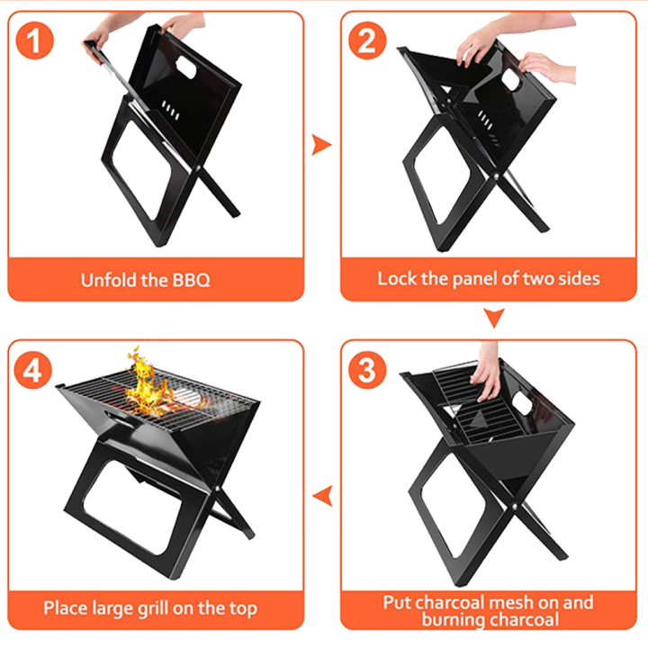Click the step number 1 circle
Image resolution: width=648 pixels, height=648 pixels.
(x=35, y=40)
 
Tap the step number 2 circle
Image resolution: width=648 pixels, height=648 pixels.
(x=366, y=40)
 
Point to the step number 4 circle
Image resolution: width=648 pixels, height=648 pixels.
(x=33, y=370)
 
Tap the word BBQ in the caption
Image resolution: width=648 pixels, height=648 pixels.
(x=190, y=279)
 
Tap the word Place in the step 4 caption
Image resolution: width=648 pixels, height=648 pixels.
(x=66, y=607)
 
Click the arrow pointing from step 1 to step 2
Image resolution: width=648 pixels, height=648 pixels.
(x=320, y=144)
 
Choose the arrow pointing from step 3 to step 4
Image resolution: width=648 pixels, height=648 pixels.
(x=320, y=492)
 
